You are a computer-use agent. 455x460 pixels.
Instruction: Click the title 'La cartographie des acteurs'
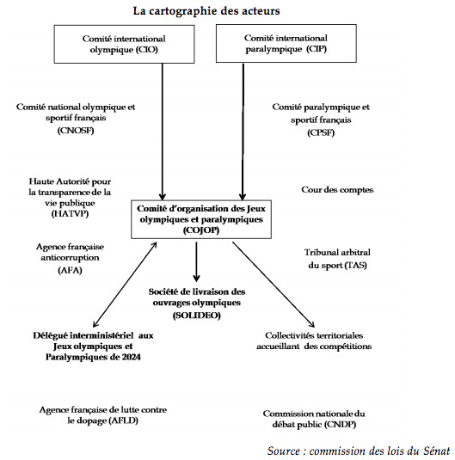(206, 11)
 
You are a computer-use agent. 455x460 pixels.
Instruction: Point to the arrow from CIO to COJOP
(163, 132)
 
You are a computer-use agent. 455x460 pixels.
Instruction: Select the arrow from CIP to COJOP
(243, 132)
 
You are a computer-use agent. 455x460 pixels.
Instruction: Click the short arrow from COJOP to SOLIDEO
(196, 262)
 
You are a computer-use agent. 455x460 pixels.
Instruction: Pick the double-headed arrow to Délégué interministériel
(125, 285)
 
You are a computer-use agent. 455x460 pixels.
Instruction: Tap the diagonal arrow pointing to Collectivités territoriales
(274, 285)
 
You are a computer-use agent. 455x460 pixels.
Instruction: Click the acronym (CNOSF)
(76, 131)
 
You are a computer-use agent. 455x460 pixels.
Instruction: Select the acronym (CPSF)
(321, 133)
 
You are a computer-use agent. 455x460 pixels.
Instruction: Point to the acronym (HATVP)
(70, 213)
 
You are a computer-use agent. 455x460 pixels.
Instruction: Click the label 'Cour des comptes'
(337, 190)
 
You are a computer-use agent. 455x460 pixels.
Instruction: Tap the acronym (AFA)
(70, 270)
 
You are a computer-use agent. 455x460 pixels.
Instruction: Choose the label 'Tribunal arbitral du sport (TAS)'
(337, 259)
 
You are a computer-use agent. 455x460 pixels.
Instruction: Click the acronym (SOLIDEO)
(196, 316)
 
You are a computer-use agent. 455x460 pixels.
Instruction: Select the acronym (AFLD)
(123, 420)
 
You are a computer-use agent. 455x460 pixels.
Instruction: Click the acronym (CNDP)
(341, 425)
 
